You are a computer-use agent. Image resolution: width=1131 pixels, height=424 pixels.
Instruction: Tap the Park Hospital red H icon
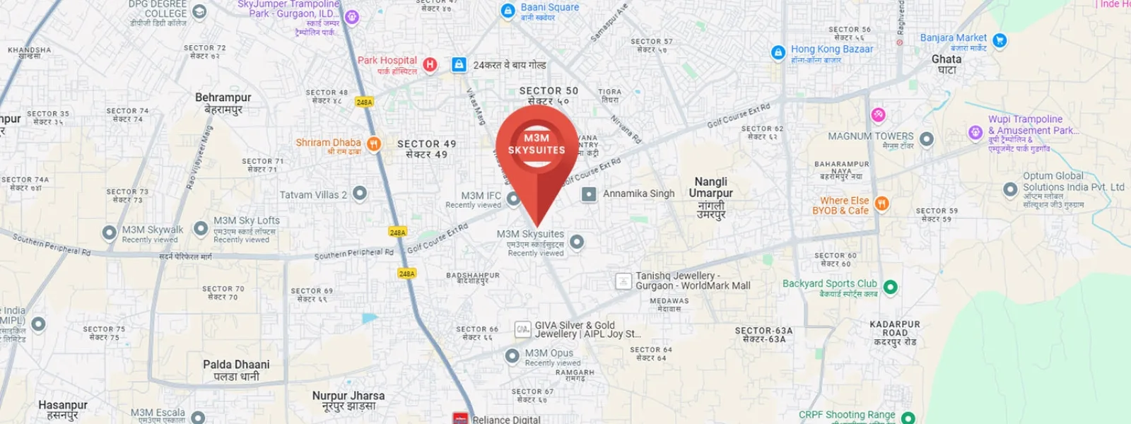point(429,65)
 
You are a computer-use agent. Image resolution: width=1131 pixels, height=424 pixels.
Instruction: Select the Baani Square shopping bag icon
point(508,11)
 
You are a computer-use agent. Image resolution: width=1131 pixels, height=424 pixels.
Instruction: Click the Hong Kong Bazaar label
point(831,49)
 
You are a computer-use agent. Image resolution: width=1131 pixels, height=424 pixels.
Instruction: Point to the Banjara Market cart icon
point(1000,40)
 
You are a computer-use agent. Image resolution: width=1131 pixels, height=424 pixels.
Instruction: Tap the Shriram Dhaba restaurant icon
point(374,144)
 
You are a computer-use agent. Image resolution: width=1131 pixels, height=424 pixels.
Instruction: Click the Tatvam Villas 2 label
point(313,195)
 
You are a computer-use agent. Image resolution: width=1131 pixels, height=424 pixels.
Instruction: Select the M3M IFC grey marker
point(514,199)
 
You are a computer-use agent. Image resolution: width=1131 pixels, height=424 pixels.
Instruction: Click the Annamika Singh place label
point(638,194)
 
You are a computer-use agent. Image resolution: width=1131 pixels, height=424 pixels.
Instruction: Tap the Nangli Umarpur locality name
point(710,188)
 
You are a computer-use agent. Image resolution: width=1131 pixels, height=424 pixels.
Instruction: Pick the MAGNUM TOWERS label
point(871,136)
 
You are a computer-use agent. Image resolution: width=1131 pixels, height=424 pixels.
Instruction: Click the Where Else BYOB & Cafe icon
point(881,204)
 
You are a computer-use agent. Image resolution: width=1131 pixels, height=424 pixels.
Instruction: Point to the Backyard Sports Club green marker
point(891,287)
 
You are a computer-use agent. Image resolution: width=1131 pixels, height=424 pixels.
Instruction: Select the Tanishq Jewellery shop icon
point(623,281)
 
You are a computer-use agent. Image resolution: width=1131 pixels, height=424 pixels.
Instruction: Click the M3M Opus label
point(549,353)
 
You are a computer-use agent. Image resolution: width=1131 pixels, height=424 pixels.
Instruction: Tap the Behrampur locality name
point(223,98)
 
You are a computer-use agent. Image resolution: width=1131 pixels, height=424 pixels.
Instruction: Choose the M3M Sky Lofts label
point(247,221)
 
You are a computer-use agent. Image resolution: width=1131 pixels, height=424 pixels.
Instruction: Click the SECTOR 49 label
point(426,144)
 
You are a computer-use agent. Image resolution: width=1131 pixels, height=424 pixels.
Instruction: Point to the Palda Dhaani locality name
point(236,365)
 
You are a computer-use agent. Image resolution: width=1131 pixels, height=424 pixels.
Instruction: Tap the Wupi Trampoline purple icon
point(975,132)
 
